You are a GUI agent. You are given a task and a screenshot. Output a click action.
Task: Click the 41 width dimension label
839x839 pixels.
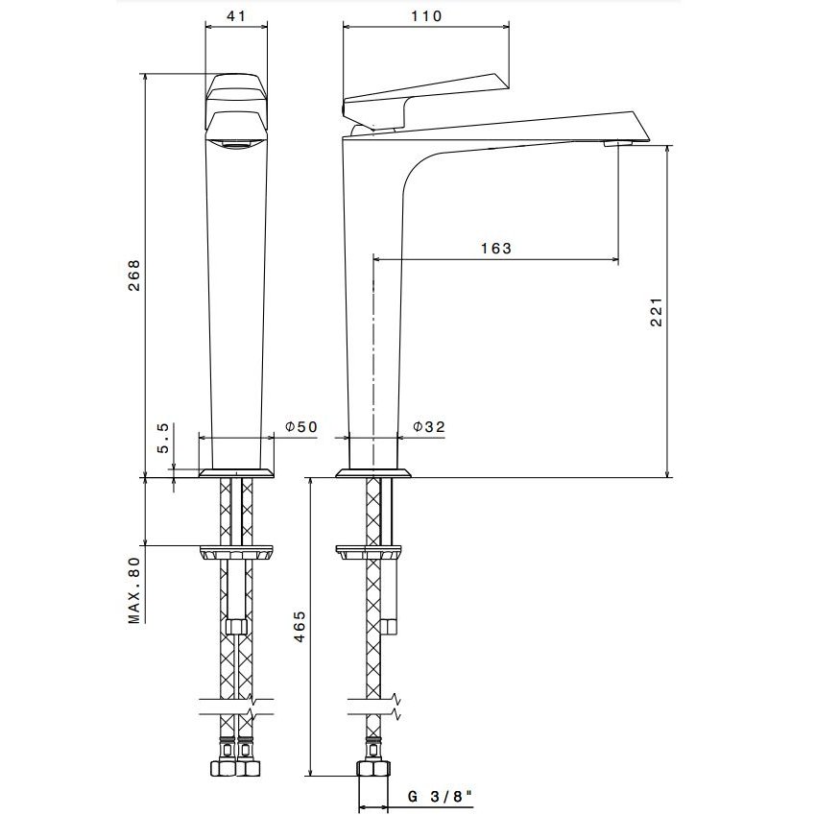coord(236,16)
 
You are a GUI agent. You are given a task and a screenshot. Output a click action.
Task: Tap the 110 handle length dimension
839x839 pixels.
coord(426,16)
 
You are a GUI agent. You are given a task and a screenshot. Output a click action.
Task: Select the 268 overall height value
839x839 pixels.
coord(133,276)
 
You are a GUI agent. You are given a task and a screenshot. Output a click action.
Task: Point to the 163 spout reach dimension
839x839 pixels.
coord(496,249)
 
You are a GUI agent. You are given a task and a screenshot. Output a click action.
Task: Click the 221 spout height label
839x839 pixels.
coord(657,311)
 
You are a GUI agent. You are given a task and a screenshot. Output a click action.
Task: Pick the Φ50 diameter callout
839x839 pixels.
coord(301,426)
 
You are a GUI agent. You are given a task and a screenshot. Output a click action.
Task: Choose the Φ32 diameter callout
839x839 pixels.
coord(429,426)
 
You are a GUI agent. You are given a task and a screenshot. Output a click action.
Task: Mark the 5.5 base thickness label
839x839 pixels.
coord(163,438)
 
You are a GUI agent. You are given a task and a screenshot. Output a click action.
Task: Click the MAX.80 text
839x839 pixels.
coord(133,590)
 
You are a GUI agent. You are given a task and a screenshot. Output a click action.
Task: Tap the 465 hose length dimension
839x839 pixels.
coord(300,626)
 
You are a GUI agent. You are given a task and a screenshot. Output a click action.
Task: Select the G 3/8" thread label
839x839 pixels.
coord(441,797)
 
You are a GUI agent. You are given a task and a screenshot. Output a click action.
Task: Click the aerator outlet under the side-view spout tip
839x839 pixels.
coord(618,143)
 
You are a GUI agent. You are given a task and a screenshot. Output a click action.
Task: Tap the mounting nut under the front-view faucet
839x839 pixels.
coord(236,553)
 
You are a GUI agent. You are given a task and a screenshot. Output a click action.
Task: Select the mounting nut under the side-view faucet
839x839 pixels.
coord(369,553)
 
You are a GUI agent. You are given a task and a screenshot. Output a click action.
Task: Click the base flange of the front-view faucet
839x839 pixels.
coord(236,473)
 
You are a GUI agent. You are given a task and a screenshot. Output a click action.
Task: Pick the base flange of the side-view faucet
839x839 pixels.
coord(373,473)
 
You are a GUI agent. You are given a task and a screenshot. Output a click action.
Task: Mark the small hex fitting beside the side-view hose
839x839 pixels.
coord(389,626)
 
